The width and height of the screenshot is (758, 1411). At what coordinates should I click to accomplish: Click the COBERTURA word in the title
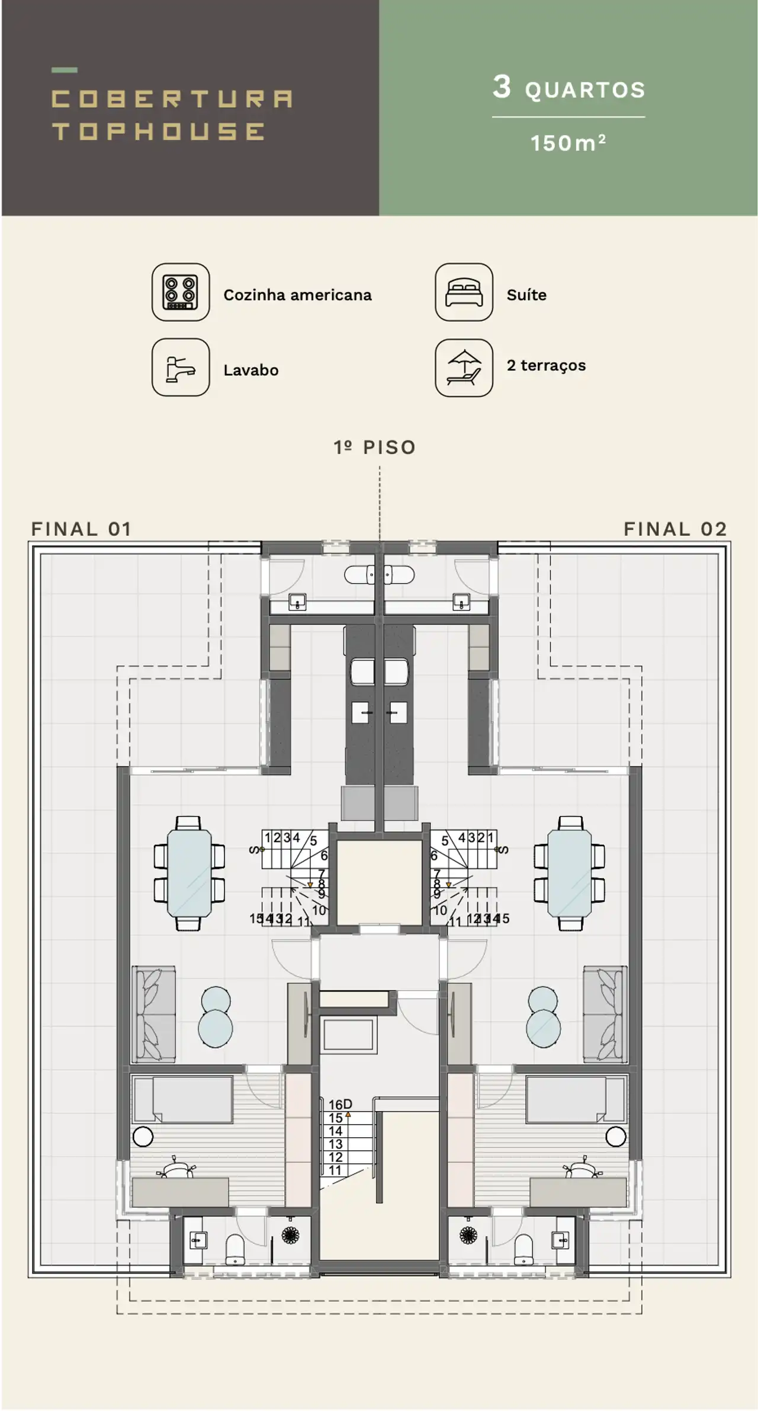click(172, 99)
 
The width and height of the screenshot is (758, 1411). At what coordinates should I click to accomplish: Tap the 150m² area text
click(568, 143)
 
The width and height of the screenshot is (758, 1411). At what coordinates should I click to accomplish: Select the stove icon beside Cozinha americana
click(181, 292)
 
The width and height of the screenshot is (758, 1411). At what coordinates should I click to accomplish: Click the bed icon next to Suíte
click(464, 292)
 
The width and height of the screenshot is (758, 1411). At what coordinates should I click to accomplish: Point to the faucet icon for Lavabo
click(181, 367)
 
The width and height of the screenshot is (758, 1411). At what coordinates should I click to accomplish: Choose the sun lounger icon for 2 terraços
click(464, 367)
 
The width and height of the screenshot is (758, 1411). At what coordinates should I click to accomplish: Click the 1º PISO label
click(374, 447)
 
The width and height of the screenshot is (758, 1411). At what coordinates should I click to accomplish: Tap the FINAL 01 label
click(81, 529)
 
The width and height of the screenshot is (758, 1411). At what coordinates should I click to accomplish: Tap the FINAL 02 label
click(675, 529)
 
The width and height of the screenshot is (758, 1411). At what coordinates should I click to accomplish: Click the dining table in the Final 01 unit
click(189, 873)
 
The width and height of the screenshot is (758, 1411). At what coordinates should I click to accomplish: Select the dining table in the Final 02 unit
click(569, 873)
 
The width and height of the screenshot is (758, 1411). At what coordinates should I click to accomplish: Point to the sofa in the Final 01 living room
click(154, 1014)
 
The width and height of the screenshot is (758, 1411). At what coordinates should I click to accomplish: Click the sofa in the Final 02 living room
click(605, 1014)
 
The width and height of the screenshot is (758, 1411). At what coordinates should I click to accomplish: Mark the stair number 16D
click(340, 1104)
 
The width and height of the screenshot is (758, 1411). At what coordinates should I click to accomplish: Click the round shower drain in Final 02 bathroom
click(468, 1235)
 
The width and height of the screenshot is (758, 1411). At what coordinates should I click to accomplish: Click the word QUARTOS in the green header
click(584, 90)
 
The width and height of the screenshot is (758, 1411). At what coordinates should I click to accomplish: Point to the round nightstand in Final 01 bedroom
click(143, 1137)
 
